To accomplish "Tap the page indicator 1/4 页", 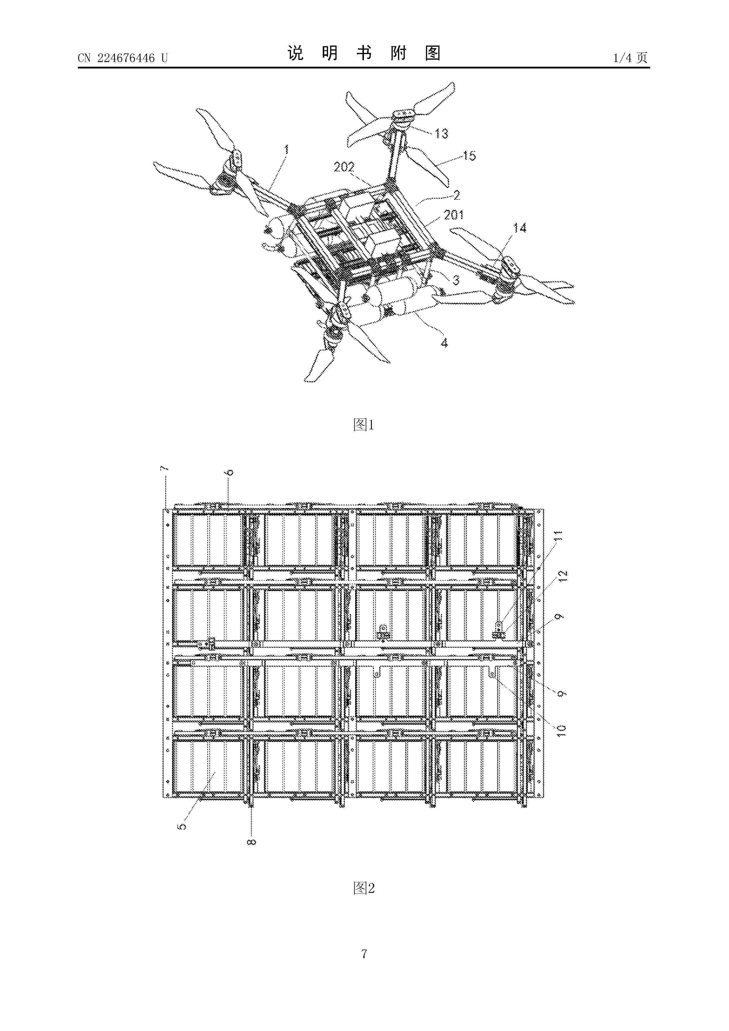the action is [630, 58].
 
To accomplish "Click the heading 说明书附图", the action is [364, 53].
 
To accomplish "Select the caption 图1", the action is [364, 424].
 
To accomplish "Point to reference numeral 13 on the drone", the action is [441, 133].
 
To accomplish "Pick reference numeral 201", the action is [454, 215].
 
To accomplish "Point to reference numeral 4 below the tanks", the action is [444, 343].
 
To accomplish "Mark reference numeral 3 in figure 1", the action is [456, 280].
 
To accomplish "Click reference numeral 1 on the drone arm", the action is [286, 150].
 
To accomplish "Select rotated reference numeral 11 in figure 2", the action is [558, 538].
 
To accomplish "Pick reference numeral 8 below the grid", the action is [252, 842].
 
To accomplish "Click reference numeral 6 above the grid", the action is [230, 472].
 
